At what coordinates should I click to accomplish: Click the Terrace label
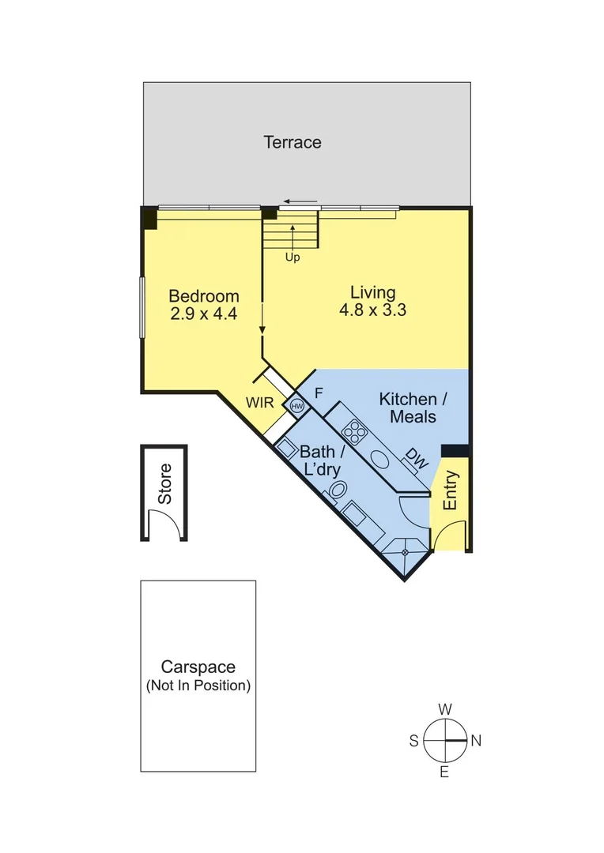coord(292,143)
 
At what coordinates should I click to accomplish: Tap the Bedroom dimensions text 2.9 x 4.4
coord(204,313)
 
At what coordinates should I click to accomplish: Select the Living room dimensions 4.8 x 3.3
coord(372,310)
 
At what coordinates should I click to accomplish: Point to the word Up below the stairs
coord(293,257)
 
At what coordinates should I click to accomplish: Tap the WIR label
coord(259,402)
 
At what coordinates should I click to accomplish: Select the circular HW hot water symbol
coord(297,406)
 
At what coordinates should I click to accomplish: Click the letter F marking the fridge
coord(319,393)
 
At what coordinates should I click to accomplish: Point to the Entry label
coord(450,490)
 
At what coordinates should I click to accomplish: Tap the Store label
coord(164,483)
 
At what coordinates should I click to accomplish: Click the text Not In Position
coord(198,686)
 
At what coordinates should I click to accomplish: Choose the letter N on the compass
coord(476,741)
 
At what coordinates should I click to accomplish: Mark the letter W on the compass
coord(445,708)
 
